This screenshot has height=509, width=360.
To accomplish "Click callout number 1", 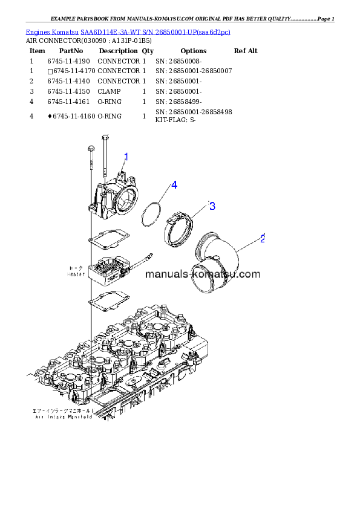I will coord(126,157).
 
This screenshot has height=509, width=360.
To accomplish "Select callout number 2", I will coord(263,238).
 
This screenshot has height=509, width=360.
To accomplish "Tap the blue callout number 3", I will coord(212,206).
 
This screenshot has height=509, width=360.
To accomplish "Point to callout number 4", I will coord(174,185).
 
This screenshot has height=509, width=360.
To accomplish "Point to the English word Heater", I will coord(76,273).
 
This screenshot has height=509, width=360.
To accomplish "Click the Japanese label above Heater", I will coord(76,267).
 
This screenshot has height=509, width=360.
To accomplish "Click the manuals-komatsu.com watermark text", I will coord(203,274).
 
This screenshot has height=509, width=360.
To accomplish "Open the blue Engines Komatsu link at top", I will coord(128,31).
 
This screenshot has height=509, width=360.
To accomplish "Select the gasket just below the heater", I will coord(108,299).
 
